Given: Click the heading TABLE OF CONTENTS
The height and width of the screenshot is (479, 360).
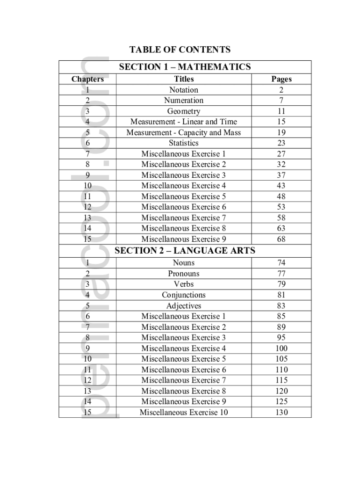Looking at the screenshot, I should [180, 50].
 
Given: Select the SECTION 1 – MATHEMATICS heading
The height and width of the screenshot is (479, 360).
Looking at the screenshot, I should [185, 67].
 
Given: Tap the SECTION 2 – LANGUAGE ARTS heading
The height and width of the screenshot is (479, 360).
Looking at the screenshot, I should [185, 251].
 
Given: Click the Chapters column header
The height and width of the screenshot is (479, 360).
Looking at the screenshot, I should [87, 79].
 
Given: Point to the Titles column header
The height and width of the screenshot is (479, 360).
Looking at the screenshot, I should [184, 79].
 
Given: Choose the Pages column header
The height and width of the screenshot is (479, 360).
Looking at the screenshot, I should [281, 79].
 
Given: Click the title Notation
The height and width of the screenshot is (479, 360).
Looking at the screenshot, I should [184, 90].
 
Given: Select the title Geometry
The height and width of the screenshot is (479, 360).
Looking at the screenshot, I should [184, 111].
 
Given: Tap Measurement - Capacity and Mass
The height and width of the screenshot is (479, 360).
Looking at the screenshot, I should [184, 132].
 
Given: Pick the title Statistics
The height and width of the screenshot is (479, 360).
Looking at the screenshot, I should [184, 143].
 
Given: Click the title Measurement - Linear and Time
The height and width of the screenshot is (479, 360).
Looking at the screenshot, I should [184, 122].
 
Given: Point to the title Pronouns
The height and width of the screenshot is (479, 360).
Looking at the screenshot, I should [184, 274].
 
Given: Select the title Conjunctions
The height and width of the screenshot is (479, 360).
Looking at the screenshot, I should [184, 295].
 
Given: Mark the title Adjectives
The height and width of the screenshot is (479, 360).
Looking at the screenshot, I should [184, 306].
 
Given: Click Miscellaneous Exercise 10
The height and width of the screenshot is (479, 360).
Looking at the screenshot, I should [184, 413].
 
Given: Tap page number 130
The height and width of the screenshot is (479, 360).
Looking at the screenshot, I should [281, 413].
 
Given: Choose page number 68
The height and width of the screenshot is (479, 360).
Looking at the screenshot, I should [281, 239].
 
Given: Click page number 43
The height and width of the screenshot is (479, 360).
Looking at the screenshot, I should [281, 186].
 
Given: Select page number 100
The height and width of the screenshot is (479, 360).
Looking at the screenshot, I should [281, 348].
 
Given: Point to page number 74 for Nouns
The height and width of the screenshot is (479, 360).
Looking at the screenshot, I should [281, 263].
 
